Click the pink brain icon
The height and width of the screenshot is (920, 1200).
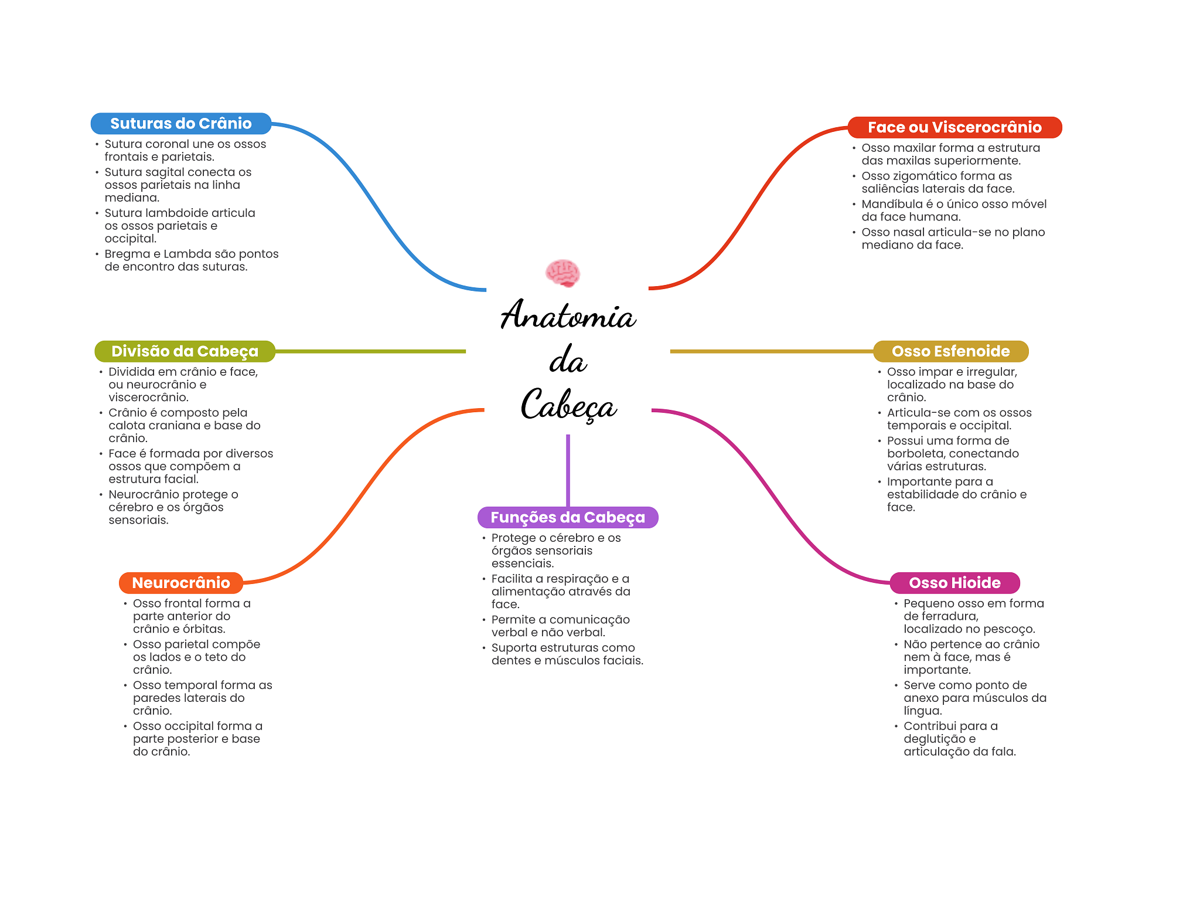pos(562,273)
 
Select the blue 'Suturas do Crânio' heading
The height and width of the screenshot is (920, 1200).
pos(180,124)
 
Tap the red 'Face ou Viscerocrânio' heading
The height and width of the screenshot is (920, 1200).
pos(954,127)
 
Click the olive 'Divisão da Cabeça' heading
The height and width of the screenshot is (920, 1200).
pos(185,351)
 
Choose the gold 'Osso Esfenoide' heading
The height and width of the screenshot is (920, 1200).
pos(950,351)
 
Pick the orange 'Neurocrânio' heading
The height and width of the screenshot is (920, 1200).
pos(180,583)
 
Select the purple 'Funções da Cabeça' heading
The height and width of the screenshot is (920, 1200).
pos(567,517)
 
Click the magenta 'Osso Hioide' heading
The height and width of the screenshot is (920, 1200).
pos(954,583)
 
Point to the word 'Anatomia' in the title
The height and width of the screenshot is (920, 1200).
pos(568,315)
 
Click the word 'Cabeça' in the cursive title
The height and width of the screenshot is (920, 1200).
pos(568,405)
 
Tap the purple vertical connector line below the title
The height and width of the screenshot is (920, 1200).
pos(568,469)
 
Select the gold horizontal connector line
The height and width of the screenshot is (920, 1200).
pos(771,351)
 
